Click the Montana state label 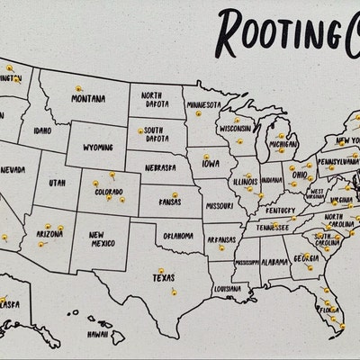(x=88, y=99)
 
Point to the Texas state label (x=163, y=278)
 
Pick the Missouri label (x=220, y=205)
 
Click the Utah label (x=57, y=183)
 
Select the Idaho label (x=42, y=131)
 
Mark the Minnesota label (x=204, y=104)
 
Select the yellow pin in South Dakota (x=141, y=131)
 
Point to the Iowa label (x=211, y=165)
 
